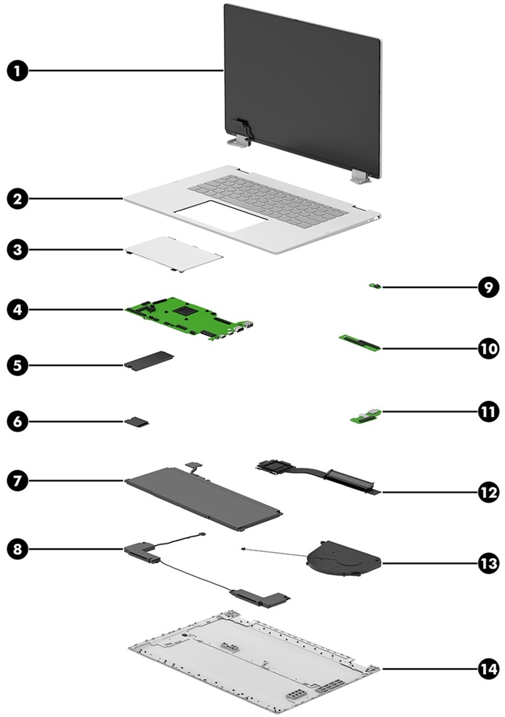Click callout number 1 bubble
(18, 71)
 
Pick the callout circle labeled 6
(18, 422)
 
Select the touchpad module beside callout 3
(174, 253)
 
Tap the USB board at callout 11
(366, 416)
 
